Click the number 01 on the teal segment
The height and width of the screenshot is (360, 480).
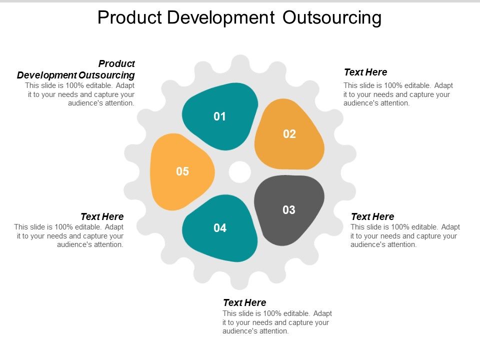220,116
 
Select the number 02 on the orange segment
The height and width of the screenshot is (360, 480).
289,134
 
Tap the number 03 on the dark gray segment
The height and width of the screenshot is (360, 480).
289,210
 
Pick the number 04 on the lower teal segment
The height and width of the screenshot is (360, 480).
220,228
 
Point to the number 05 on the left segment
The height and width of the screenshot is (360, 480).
182,171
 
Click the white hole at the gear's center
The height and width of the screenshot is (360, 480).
240,172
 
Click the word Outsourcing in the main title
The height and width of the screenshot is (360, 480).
332,17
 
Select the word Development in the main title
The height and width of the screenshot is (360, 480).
220,17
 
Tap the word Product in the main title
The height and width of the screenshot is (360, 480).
129,17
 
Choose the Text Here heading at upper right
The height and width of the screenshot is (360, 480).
365,72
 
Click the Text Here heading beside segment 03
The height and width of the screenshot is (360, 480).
372,216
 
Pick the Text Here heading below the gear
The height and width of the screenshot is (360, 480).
244,302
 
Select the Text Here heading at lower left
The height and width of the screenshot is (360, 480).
102,216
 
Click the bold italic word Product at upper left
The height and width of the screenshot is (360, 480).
117,63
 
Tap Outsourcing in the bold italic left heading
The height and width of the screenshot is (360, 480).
106,75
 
